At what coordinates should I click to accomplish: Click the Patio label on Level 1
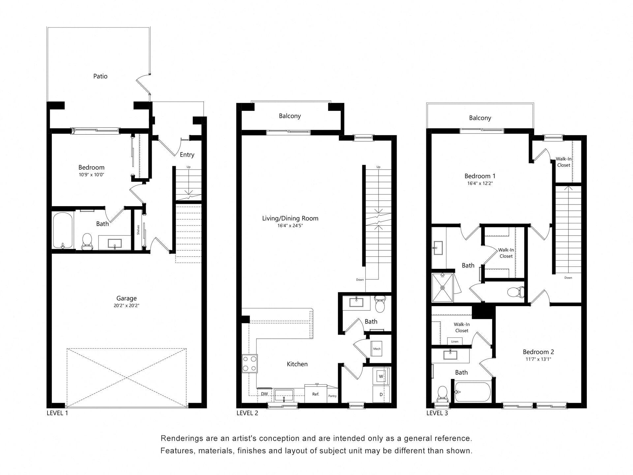pyautogui.click(x=100, y=76)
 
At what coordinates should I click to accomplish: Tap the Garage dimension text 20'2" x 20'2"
pyautogui.click(x=126, y=306)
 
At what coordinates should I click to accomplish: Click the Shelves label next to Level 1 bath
pyautogui.click(x=138, y=230)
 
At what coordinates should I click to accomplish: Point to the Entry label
pyautogui.click(x=187, y=155)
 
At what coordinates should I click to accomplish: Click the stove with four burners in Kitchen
pyautogui.click(x=250, y=364)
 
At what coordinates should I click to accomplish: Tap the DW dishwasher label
pyautogui.click(x=264, y=394)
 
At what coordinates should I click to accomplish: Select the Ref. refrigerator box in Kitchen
pyautogui.click(x=316, y=394)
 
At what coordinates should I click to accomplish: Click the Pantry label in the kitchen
pyautogui.click(x=332, y=396)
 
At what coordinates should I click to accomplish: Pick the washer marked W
pyautogui.click(x=381, y=376)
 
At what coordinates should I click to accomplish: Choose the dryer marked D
pyautogui.click(x=381, y=395)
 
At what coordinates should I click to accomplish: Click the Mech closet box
pyautogui.click(x=377, y=349)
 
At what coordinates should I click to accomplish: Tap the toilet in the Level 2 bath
pyautogui.click(x=380, y=304)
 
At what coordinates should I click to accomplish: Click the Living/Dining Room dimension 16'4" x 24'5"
pyautogui.click(x=290, y=226)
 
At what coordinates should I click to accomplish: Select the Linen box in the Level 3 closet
pyautogui.click(x=455, y=341)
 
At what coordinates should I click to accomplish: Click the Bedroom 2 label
pyautogui.click(x=538, y=352)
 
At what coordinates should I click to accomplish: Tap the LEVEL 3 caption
pyautogui.click(x=437, y=413)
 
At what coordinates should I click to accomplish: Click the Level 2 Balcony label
pyautogui.click(x=290, y=116)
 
